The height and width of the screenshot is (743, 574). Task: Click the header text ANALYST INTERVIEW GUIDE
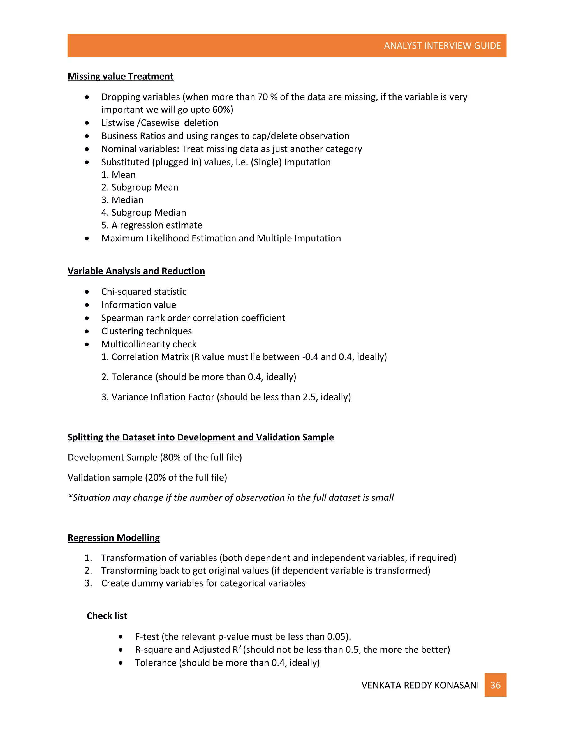[x=442, y=46]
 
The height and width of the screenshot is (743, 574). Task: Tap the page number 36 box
[x=495, y=685]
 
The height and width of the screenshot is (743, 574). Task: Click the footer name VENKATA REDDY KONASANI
[x=420, y=685]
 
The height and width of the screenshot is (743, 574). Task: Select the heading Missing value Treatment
[x=120, y=76]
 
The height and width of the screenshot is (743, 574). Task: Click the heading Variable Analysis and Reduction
[x=136, y=271]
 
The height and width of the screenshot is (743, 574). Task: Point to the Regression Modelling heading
[x=114, y=537]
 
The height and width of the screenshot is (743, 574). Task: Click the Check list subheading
[x=107, y=616]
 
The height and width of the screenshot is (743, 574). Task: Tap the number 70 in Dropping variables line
[x=263, y=97]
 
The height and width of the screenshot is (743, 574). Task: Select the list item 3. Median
[x=122, y=200]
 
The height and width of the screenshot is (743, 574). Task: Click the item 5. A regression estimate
[x=152, y=225]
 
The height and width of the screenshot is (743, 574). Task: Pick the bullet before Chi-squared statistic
[x=87, y=292]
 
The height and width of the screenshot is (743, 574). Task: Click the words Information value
[x=139, y=305]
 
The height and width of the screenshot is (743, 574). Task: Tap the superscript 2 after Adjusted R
[x=240, y=647]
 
